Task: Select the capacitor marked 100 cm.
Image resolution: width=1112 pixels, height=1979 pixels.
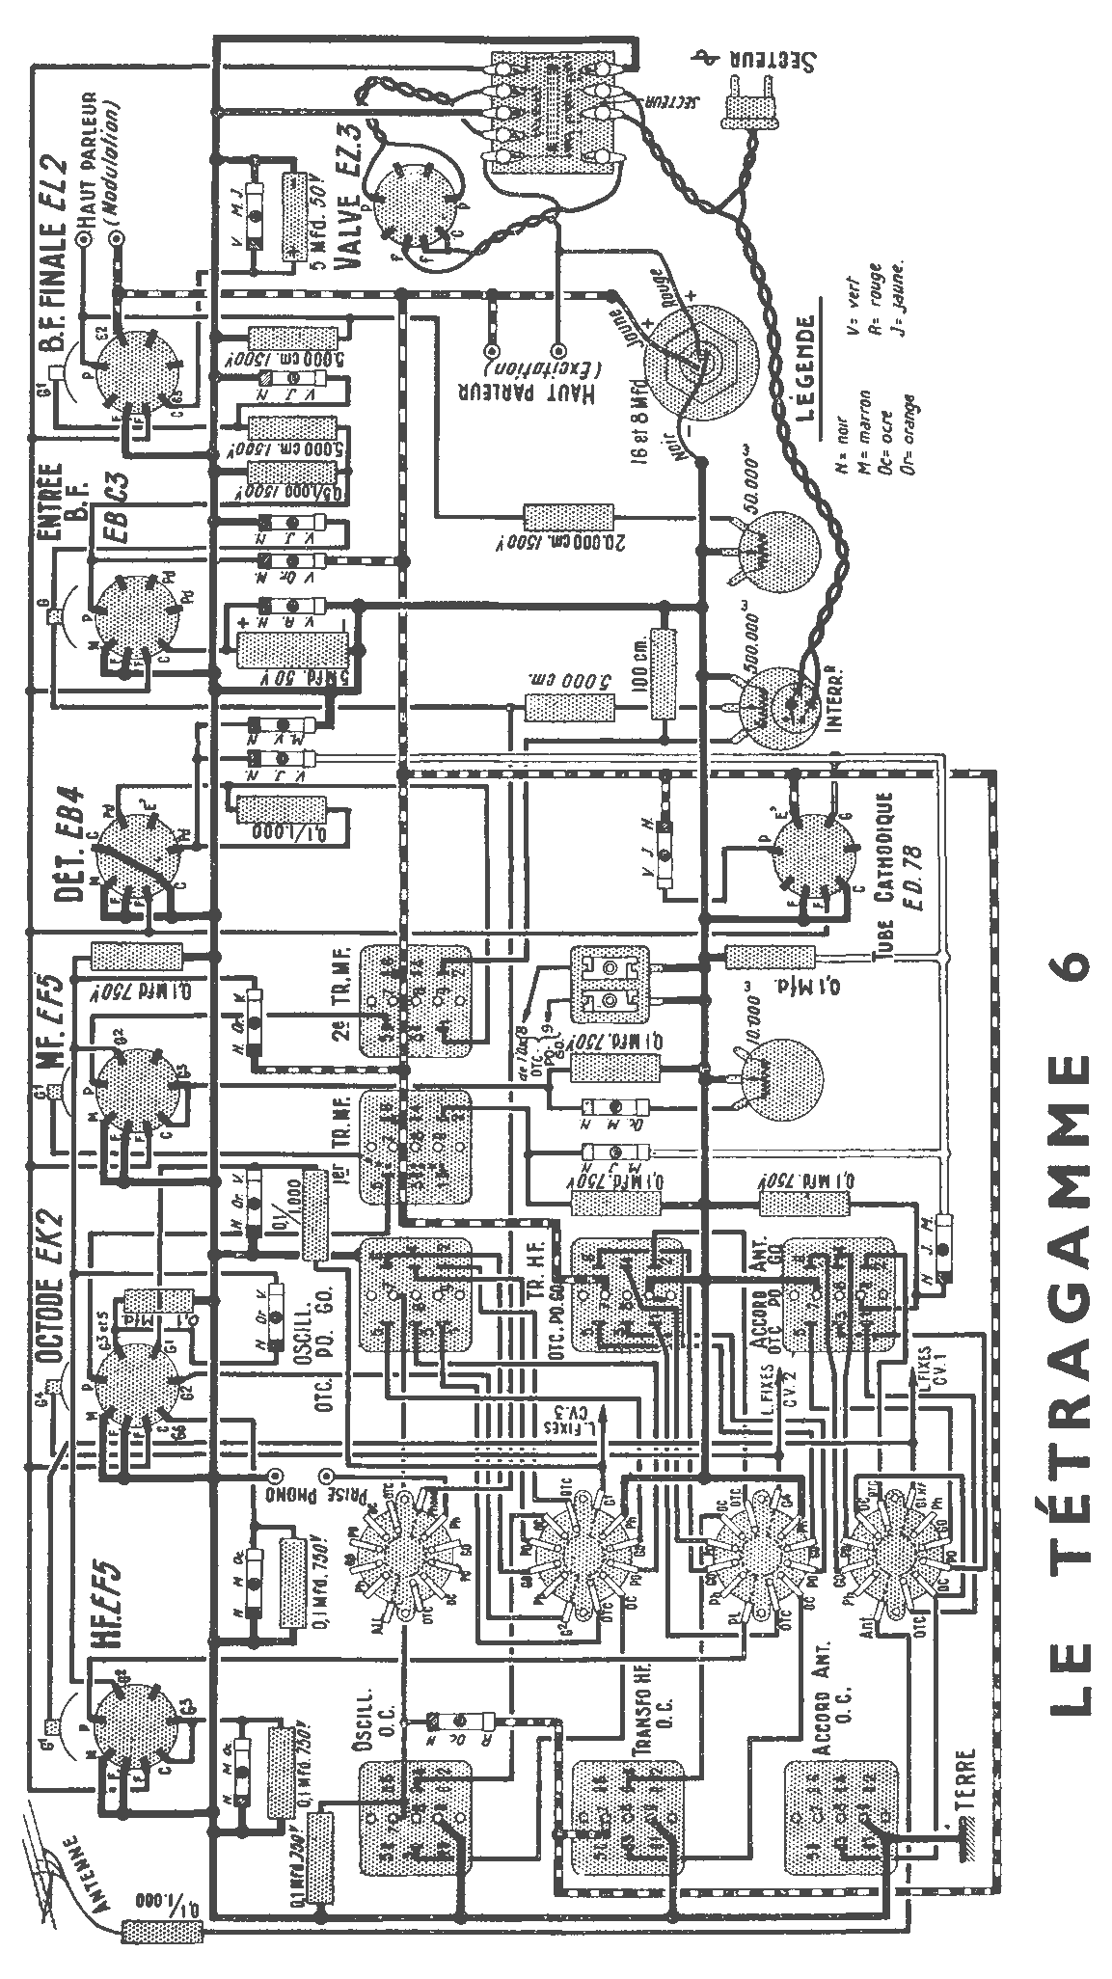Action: pyautogui.click(x=661, y=674)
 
